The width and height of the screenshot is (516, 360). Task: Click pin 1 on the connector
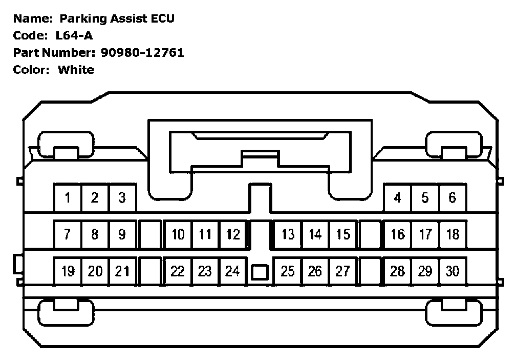(68, 197)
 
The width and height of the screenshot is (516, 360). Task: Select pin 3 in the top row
(122, 197)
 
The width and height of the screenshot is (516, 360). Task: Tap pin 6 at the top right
(453, 197)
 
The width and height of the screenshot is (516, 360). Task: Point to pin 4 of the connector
(398, 197)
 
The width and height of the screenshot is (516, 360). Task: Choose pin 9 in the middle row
(122, 234)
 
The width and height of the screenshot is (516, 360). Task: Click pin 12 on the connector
(233, 234)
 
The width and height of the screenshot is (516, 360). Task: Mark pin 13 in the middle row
(288, 234)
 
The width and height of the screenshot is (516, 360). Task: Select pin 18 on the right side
(453, 234)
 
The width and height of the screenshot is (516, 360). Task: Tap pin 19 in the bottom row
(68, 271)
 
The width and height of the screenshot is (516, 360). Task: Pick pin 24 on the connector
(233, 271)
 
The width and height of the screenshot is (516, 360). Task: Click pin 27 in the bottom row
(343, 271)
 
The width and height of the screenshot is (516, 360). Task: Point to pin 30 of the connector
(453, 271)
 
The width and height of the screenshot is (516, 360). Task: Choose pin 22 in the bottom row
(178, 271)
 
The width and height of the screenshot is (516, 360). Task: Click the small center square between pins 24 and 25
(260, 272)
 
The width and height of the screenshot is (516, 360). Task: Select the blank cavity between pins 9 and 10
(149, 234)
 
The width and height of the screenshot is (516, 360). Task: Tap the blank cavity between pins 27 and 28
(370, 271)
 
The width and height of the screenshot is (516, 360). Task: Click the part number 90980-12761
(141, 52)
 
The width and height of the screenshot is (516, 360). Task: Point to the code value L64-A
(74, 35)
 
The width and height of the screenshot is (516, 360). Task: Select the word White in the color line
(76, 69)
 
